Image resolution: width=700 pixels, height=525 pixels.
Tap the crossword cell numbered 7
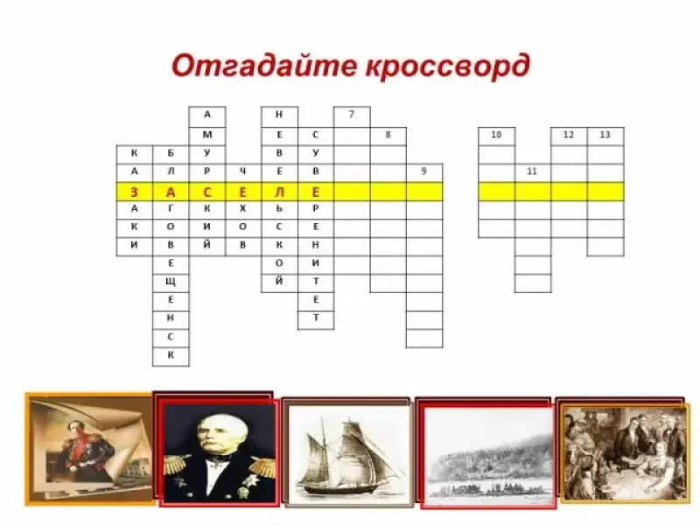(352, 116)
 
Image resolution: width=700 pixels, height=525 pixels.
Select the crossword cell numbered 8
(388, 136)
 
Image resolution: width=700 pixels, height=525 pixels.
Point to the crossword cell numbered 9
(424, 172)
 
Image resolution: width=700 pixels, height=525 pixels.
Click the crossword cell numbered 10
(496, 136)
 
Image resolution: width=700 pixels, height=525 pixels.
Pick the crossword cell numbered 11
(533, 172)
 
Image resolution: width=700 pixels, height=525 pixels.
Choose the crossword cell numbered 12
(570, 136)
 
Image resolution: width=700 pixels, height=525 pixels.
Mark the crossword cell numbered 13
(605, 136)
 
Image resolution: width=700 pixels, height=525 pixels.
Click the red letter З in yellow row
(135, 192)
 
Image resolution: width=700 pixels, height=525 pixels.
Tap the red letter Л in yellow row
(279, 192)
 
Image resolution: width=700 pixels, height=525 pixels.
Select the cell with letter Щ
(171, 282)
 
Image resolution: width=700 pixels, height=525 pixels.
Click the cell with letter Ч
(243, 172)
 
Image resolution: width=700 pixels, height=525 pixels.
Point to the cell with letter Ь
(279, 210)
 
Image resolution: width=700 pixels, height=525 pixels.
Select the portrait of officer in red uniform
(89, 449)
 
